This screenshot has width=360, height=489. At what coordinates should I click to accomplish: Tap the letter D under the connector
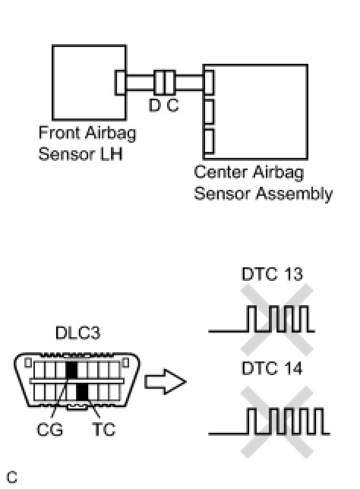pyautogui.click(x=154, y=105)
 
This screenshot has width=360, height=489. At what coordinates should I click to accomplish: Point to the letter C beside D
pyautogui.click(x=173, y=105)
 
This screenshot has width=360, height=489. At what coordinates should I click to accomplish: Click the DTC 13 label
pyautogui.click(x=272, y=274)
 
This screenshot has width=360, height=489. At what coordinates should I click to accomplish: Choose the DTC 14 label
pyautogui.click(x=272, y=368)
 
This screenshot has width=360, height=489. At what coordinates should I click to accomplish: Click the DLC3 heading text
pyautogui.click(x=77, y=333)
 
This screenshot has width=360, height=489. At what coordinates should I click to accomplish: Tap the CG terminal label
pyautogui.click(x=49, y=430)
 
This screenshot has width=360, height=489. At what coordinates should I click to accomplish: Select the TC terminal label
pyautogui.click(x=104, y=430)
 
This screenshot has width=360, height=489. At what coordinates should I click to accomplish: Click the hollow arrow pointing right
pyautogui.click(x=166, y=381)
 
